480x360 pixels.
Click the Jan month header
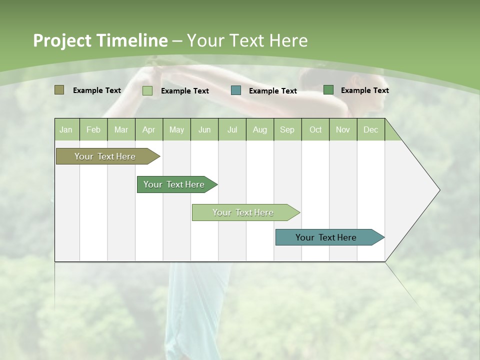(66, 129)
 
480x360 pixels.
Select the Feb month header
(93, 129)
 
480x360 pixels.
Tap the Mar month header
(121, 129)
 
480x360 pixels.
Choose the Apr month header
(149, 129)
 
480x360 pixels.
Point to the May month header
(176, 129)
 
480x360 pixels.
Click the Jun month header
(204, 129)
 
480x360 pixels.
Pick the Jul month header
(232, 129)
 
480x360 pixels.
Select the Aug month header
(260, 129)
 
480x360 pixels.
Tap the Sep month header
(287, 129)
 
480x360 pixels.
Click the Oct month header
(315, 129)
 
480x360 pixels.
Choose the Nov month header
(343, 129)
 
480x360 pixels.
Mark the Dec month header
(371, 129)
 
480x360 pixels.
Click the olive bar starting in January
(105, 156)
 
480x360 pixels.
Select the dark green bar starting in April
(174, 184)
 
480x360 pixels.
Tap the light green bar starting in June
(243, 212)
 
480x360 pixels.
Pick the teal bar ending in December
(326, 237)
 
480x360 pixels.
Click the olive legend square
(59, 90)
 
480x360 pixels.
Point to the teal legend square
(236, 90)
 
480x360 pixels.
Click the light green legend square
(147, 90)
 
